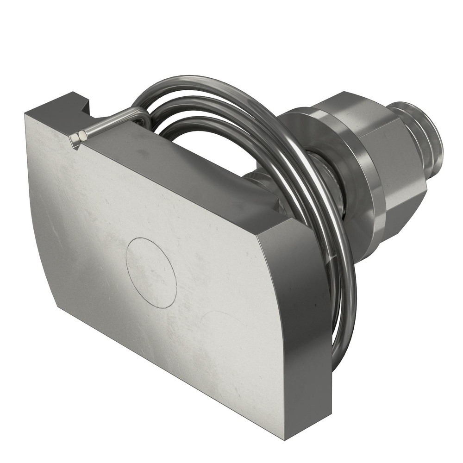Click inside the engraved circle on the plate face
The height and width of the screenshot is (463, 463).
(151, 273)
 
